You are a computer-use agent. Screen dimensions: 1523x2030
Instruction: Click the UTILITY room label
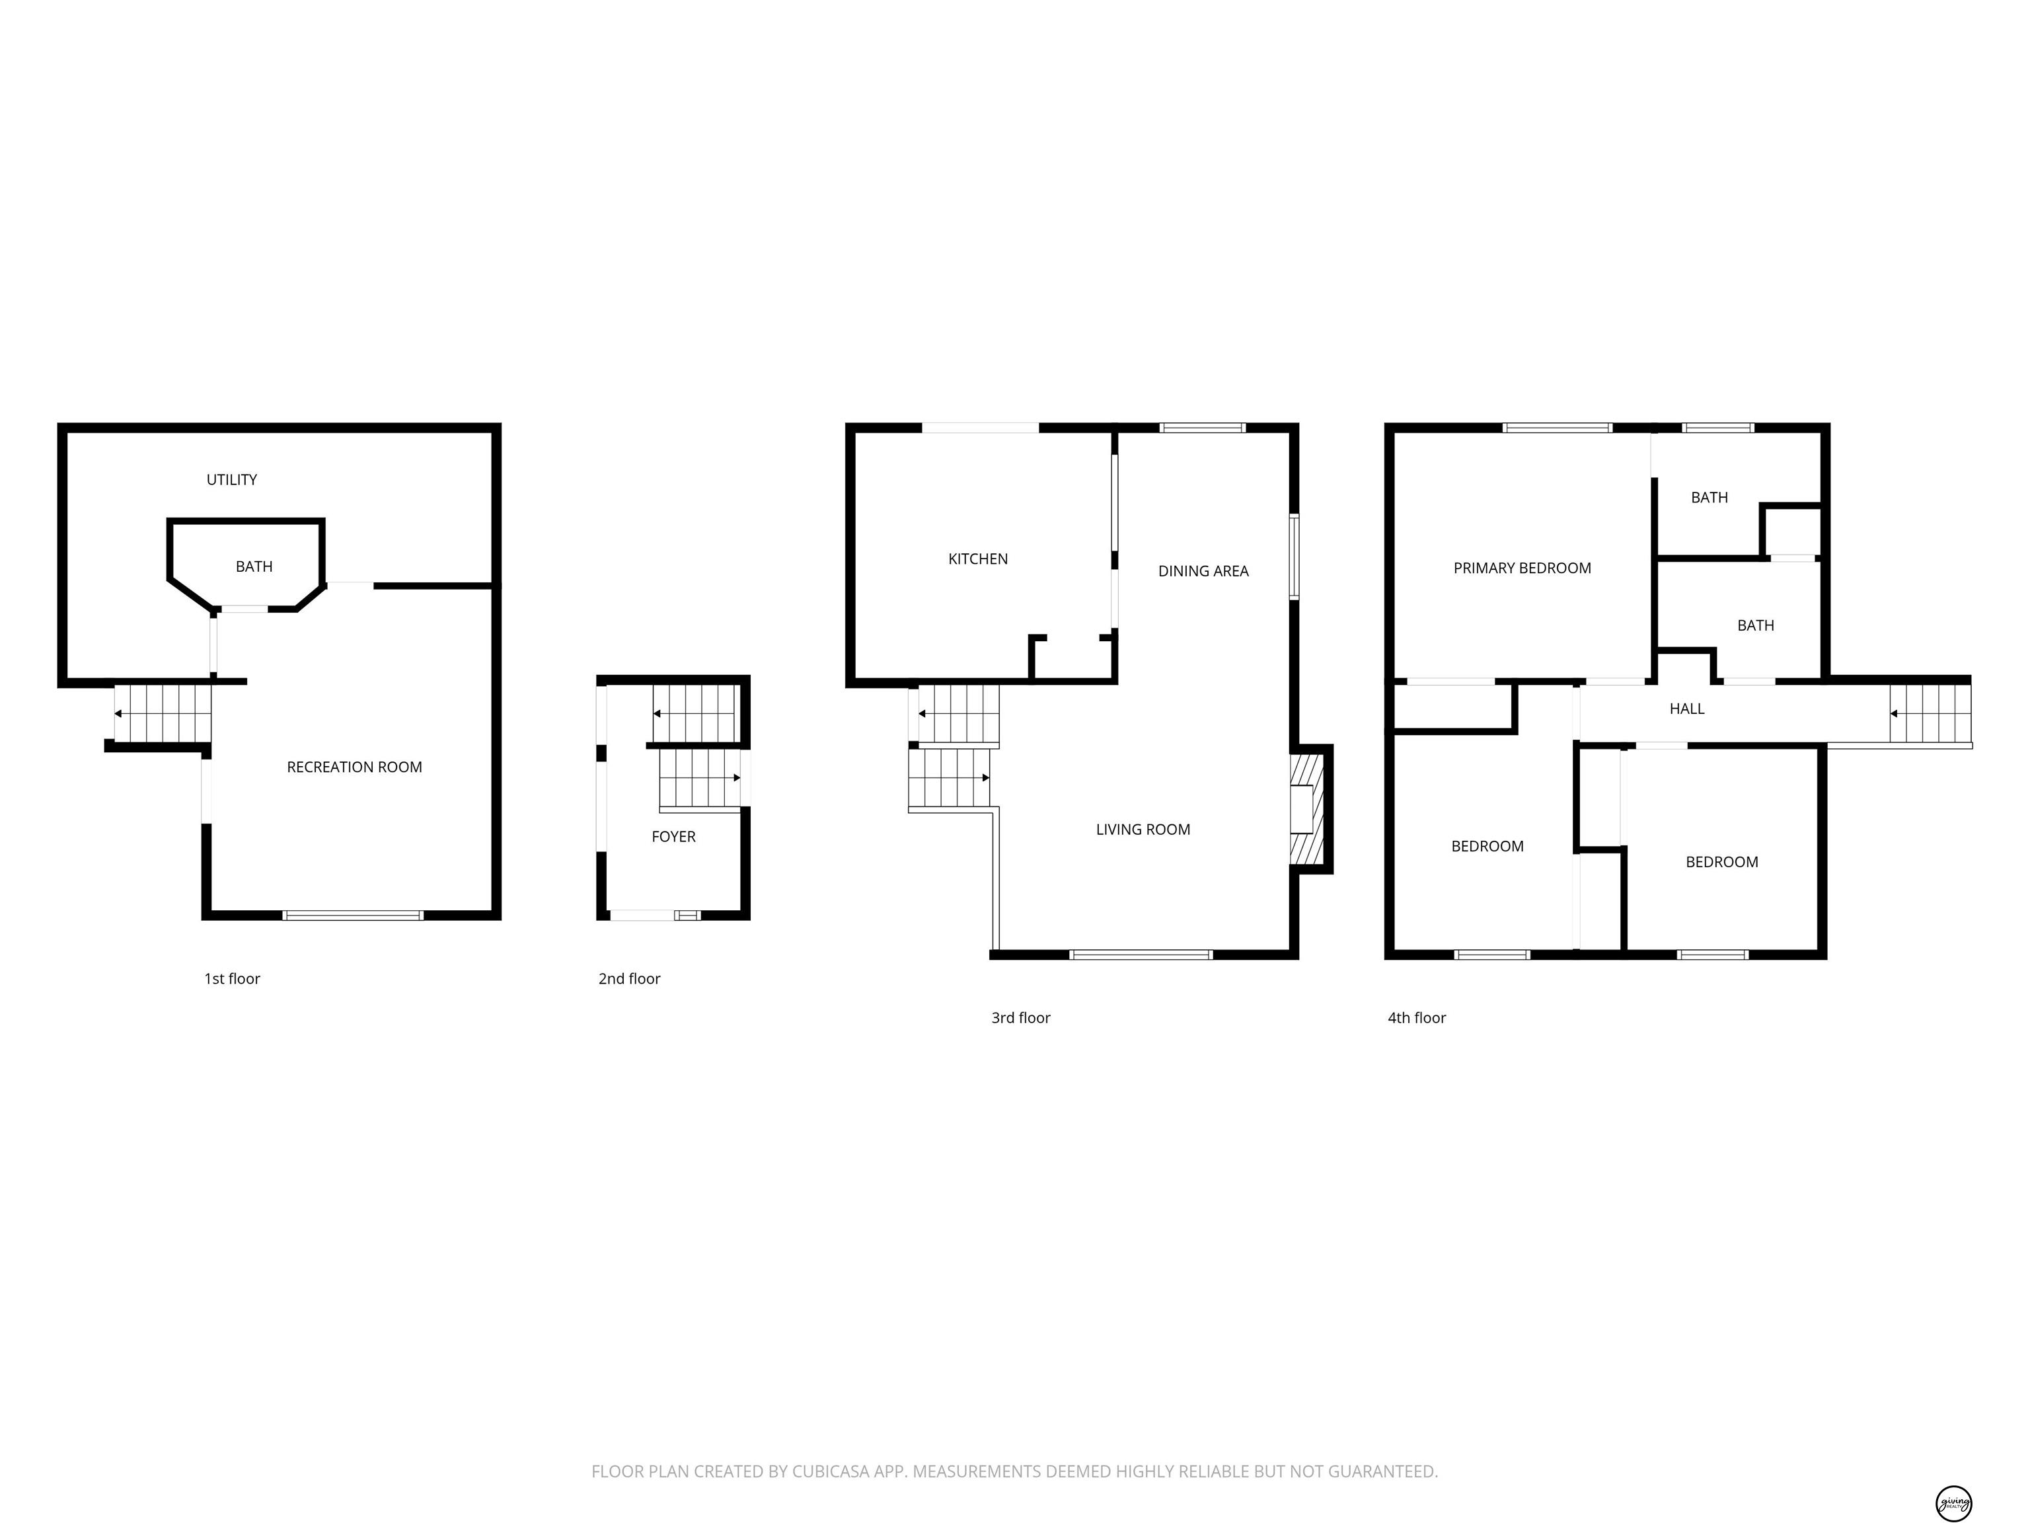(231, 479)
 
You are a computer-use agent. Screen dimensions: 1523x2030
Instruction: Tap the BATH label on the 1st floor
(254, 566)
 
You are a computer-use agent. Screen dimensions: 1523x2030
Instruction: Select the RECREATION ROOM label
(354, 767)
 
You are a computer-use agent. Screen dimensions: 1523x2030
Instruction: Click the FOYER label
(673, 836)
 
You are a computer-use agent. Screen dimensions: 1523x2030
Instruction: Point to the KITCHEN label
(977, 558)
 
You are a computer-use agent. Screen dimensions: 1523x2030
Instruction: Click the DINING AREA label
(1203, 571)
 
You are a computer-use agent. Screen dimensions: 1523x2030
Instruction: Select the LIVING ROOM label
(1143, 829)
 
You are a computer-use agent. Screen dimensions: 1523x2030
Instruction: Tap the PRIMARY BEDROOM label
(1522, 568)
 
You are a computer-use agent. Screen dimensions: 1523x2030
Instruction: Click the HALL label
(1687, 709)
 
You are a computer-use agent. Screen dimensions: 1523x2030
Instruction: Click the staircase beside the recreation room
(163, 713)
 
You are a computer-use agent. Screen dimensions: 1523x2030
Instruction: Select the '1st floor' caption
(232, 978)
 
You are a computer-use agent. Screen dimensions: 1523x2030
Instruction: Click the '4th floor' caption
(1416, 1017)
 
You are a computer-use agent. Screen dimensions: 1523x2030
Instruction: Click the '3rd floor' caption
(1020, 1017)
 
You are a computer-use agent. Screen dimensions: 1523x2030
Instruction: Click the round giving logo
(1953, 1478)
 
